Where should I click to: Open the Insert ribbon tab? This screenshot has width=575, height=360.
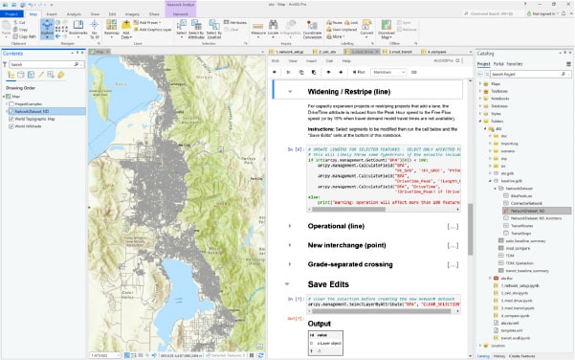click(54, 15)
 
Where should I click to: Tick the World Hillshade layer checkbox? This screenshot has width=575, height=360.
click(9, 125)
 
